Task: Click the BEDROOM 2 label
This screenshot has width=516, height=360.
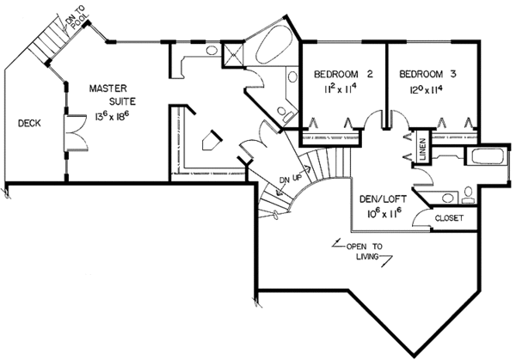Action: click(340, 75)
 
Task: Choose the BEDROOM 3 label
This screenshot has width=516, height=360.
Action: click(427, 75)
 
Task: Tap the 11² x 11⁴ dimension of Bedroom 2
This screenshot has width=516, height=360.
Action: click(340, 88)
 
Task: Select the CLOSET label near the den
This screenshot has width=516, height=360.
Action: click(449, 218)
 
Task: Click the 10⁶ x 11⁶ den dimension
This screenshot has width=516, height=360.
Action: click(384, 211)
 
